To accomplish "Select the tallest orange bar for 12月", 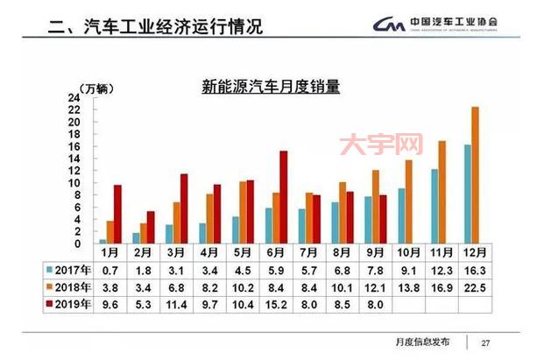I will point(476,175).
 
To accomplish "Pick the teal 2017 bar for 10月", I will point(401,215).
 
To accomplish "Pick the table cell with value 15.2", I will point(276,305).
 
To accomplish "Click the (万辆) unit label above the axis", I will point(95,88).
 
